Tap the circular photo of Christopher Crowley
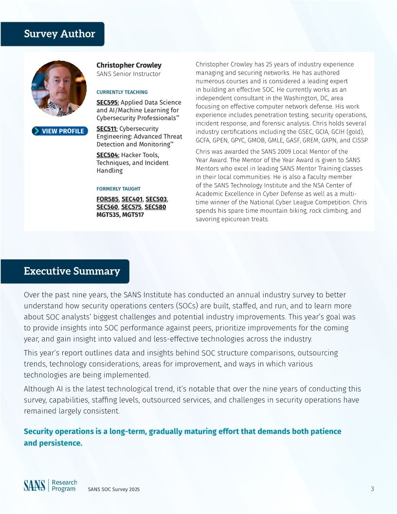(59, 88)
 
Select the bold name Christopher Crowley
(129, 65)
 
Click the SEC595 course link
(108, 102)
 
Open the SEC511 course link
(107, 128)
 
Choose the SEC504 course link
(108, 155)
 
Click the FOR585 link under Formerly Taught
(108, 199)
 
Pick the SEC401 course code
(132, 199)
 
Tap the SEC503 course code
(156, 199)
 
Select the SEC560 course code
(107, 207)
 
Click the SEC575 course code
(131, 207)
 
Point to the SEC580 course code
(155, 207)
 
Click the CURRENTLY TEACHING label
(122, 92)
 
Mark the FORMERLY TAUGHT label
(118, 189)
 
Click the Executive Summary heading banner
(65, 271)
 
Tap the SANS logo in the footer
(35, 485)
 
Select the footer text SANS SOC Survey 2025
(114, 489)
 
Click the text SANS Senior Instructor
(128, 74)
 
